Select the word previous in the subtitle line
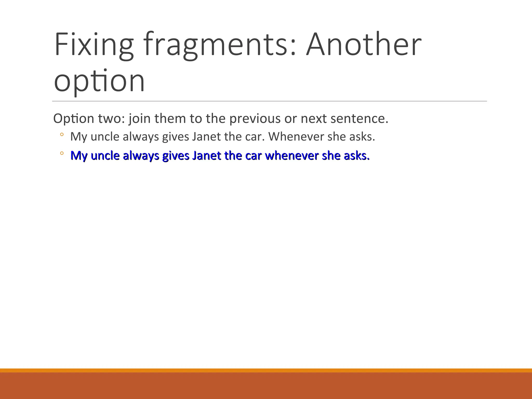click(255, 119)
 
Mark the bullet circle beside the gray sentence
click(62, 135)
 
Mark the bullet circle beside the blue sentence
click(62, 153)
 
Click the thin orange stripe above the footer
click(266, 370)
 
